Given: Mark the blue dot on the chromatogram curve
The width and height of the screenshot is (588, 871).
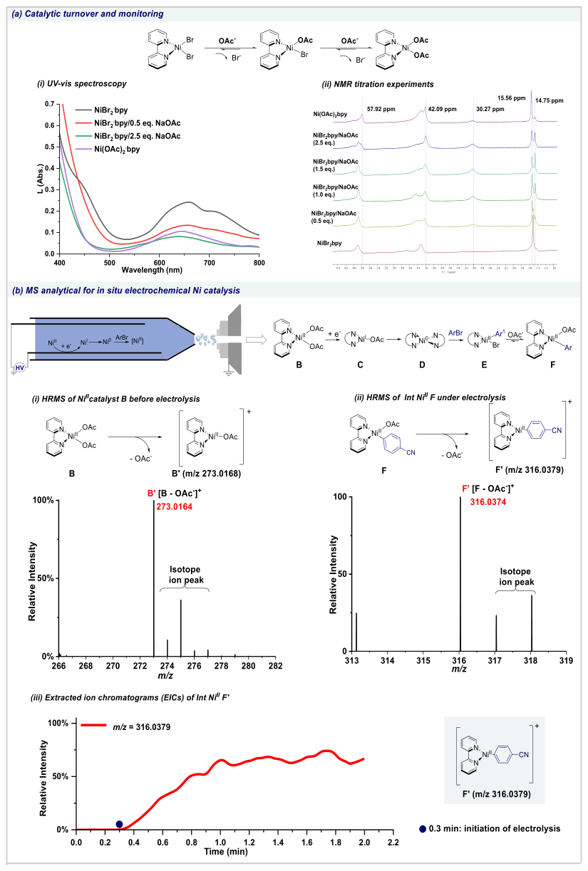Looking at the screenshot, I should point(119,824).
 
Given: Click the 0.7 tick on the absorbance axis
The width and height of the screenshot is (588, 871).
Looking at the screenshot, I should point(49,104).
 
